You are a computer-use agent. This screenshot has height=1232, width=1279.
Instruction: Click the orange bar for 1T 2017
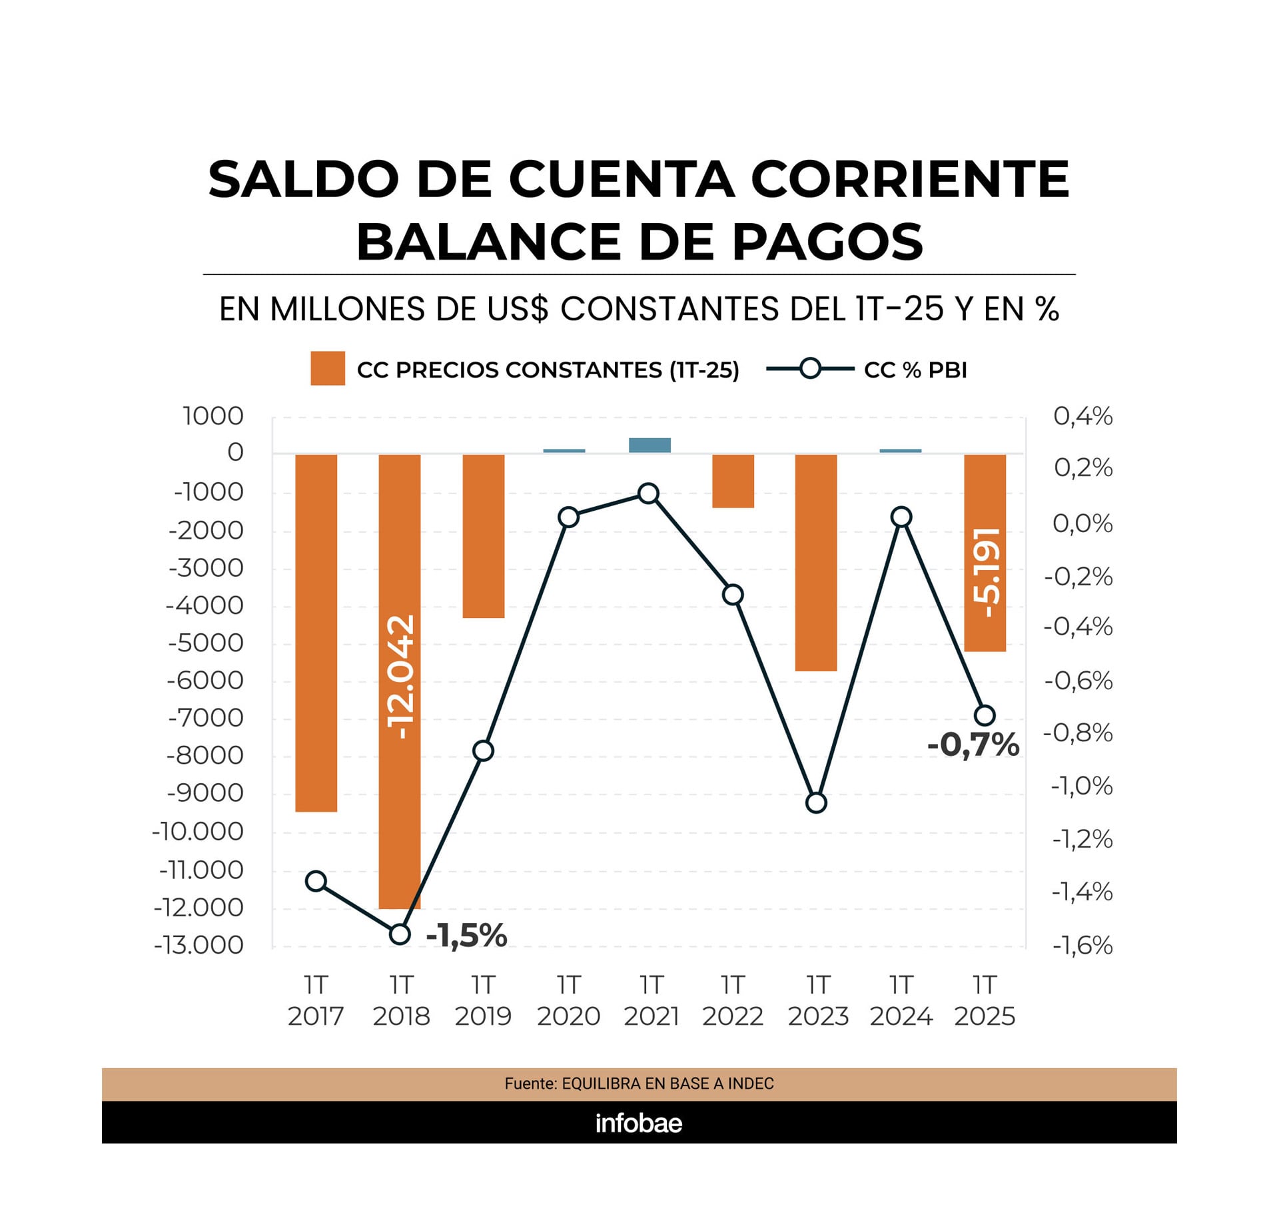point(316,633)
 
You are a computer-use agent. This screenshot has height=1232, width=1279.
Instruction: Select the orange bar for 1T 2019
point(483,536)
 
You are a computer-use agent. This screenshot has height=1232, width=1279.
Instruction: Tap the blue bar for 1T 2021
point(649,446)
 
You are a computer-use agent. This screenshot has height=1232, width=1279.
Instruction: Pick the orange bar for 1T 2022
point(733,481)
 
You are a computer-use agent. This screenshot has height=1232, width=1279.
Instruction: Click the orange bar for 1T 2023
point(815,563)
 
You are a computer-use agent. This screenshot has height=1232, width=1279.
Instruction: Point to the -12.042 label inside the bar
point(401,677)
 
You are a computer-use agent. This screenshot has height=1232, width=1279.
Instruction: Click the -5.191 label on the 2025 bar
point(986,573)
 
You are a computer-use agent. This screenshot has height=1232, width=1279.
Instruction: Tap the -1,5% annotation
point(466,936)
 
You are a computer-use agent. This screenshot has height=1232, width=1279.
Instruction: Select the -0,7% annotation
point(973,745)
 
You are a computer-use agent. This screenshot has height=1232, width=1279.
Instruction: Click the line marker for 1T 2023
point(816,803)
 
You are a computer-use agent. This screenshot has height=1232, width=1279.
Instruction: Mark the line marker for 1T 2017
point(316,881)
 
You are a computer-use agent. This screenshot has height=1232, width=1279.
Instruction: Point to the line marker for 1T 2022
point(733,595)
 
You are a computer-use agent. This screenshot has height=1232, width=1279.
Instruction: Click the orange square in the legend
point(328,368)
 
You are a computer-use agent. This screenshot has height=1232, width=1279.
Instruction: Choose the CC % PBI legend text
point(915,370)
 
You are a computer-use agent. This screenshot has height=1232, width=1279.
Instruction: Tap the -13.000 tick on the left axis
point(199,945)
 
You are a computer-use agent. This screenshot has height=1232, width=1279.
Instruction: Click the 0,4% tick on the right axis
point(1082,416)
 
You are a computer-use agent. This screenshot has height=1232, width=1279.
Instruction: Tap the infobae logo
point(639,1123)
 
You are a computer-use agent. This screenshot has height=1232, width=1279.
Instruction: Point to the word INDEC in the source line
point(751,1083)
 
